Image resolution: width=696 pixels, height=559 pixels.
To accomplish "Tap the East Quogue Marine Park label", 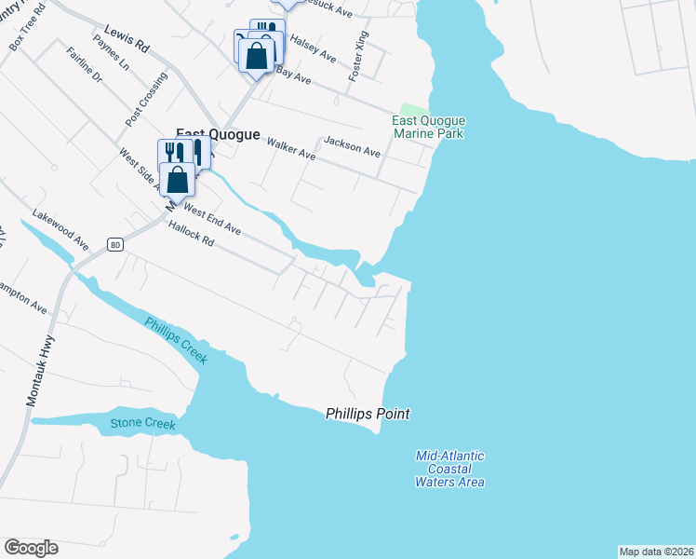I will [428, 128].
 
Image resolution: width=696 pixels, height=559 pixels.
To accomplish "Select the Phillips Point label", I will [368, 414].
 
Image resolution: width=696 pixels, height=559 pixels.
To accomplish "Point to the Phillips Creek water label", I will [176, 341].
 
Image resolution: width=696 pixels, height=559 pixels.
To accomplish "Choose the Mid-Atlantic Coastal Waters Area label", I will [450, 469].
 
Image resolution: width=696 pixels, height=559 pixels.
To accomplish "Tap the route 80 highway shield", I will [114, 244].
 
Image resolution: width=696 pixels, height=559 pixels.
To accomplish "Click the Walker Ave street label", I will [290, 149].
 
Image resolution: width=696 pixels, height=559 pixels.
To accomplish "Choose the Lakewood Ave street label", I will [60, 228].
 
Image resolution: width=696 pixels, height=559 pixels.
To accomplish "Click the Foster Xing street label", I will [358, 55].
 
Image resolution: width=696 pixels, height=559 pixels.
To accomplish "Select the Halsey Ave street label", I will [313, 49].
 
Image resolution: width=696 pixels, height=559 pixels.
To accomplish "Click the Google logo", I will [31, 548].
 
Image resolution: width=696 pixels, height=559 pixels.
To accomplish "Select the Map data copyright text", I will [656, 552].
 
